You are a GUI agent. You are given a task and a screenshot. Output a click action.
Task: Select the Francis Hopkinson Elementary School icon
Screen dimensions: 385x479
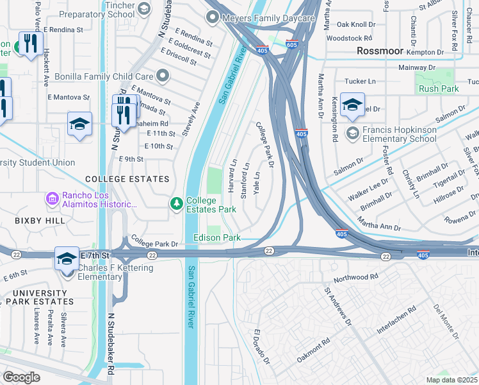coord(352,133)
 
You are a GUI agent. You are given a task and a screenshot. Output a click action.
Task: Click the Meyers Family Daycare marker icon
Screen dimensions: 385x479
coord(213,18)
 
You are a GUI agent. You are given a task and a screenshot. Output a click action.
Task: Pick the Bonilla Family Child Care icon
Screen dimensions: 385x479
coord(163,76)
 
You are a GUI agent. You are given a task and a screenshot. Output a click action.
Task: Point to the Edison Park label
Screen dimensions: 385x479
coord(217,237)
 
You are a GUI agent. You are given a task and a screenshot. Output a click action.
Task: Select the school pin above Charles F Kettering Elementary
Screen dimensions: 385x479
coord(66,259)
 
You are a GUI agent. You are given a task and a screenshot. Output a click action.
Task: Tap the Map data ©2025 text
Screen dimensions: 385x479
coord(452,380)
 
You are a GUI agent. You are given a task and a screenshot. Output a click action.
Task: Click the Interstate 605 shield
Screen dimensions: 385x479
coord(292,45)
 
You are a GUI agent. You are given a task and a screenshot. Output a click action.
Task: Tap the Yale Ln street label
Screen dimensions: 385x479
coord(257,184)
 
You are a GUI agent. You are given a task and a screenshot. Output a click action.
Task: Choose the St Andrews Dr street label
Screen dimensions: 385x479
coord(338,307)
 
